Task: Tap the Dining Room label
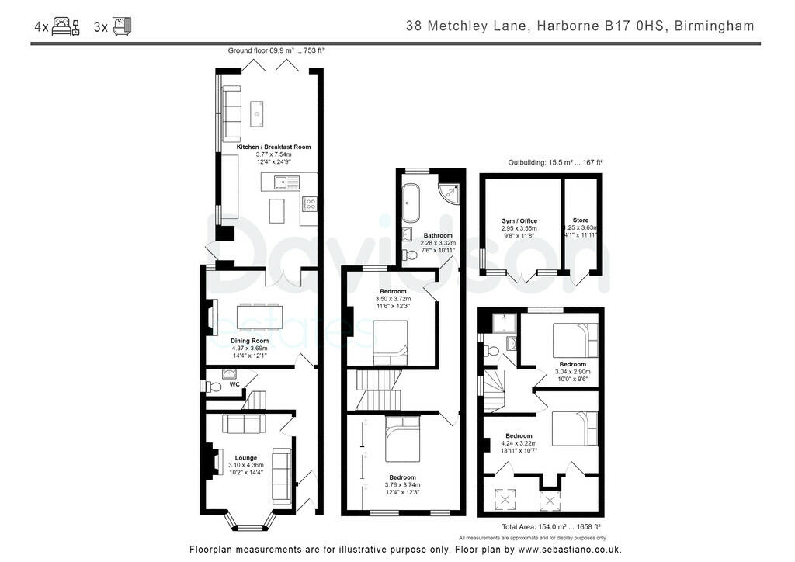(249, 341)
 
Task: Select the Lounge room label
(246, 457)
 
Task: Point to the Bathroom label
(438, 235)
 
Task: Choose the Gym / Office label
(519, 221)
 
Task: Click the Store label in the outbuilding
(581, 220)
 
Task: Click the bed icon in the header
(65, 27)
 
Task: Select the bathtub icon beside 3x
(122, 27)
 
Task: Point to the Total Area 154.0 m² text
(551, 526)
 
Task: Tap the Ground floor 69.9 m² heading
(276, 50)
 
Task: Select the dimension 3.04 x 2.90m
(575, 372)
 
